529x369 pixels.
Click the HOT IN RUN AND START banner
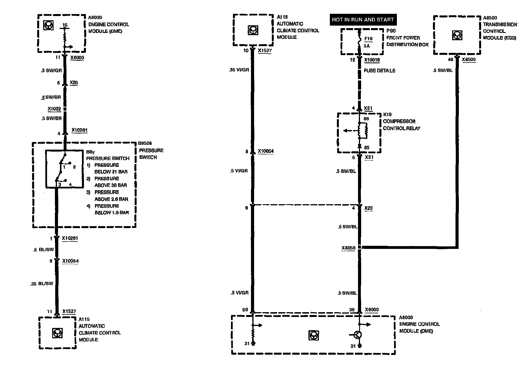tap(363, 20)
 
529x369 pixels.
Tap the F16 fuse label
tap(368, 39)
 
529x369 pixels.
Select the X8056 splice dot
tap(360, 247)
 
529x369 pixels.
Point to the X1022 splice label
tap(54, 109)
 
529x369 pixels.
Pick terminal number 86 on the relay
tap(366, 119)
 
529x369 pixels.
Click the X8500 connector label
tap(469, 60)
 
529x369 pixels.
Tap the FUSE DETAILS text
tap(379, 71)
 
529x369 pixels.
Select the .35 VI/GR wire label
tap(239, 70)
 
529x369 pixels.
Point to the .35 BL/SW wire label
tap(42, 284)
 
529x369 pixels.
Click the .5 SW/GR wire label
tap(51, 71)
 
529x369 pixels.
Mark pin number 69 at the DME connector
tap(245, 310)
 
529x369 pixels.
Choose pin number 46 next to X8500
tap(451, 60)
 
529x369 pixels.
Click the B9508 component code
tap(145, 143)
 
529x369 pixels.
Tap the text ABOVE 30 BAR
tap(111, 185)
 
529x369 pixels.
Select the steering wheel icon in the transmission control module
tap(456, 35)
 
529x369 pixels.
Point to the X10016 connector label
tap(372, 60)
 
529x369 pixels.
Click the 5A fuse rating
tap(366, 46)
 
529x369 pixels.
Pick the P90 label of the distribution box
tap(391, 31)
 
